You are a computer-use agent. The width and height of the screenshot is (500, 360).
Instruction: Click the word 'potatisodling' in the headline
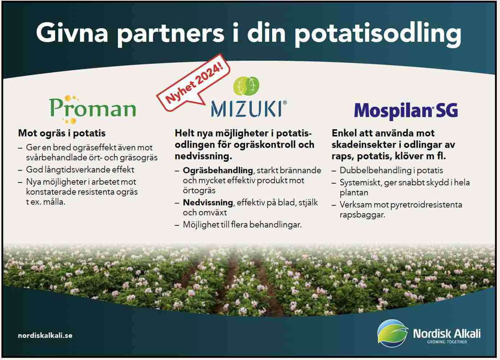click(378, 34)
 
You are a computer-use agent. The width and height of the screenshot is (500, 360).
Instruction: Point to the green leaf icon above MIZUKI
click(246, 86)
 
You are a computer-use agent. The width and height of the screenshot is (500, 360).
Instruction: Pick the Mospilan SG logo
click(406, 111)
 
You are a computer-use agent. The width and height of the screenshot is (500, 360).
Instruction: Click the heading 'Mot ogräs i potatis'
click(62, 133)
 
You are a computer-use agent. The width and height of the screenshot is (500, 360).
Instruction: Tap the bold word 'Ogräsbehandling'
click(218, 171)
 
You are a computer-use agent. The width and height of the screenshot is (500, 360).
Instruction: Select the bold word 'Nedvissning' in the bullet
click(208, 203)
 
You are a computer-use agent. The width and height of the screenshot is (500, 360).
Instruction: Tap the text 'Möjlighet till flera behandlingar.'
click(242, 225)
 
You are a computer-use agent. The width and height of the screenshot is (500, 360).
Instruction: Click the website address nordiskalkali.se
click(45, 336)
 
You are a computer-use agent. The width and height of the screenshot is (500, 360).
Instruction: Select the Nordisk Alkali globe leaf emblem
click(392, 333)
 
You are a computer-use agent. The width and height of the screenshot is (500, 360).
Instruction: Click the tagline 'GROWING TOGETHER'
click(447, 342)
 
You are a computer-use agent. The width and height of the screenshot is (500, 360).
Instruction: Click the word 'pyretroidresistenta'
click(426, 205)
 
